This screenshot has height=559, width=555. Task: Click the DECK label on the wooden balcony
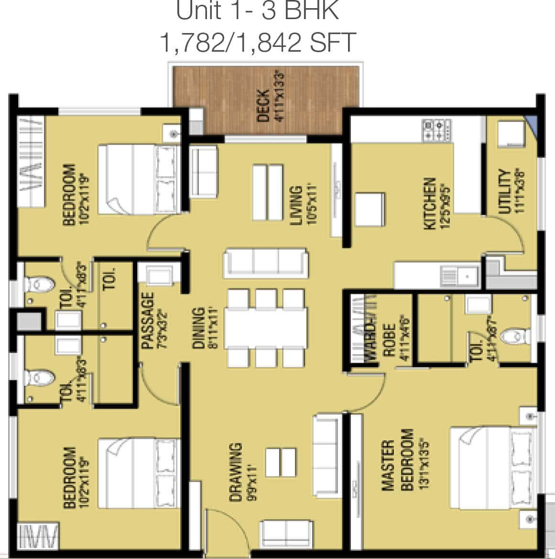263,106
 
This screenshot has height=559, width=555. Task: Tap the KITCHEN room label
429,204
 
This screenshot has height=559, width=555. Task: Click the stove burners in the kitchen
436,130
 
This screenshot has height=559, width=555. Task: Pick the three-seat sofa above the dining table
265,261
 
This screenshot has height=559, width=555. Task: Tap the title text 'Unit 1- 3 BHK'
258,11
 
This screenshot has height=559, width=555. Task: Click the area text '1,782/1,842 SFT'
258,43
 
